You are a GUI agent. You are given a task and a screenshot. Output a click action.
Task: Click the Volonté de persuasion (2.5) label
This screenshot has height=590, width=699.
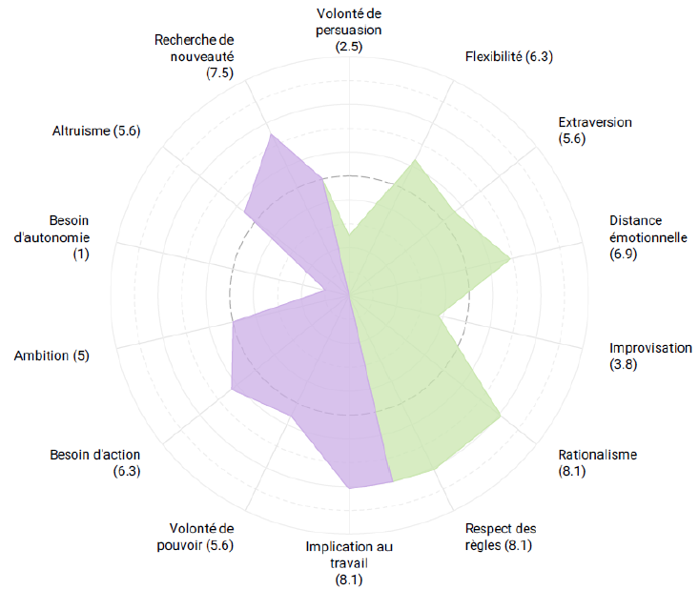349,30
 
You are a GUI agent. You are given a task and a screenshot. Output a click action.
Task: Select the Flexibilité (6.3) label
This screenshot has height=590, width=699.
509,56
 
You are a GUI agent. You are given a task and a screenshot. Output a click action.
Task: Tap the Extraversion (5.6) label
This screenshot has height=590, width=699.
594,130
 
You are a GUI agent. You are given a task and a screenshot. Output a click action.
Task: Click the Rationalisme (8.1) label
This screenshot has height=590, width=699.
598,462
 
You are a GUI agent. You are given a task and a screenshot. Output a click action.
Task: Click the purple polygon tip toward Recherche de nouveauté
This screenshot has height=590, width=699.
270,134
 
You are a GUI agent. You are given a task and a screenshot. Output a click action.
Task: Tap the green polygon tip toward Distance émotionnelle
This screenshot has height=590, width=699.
511,258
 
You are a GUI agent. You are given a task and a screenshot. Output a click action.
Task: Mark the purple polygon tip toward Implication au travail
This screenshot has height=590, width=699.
350,488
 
